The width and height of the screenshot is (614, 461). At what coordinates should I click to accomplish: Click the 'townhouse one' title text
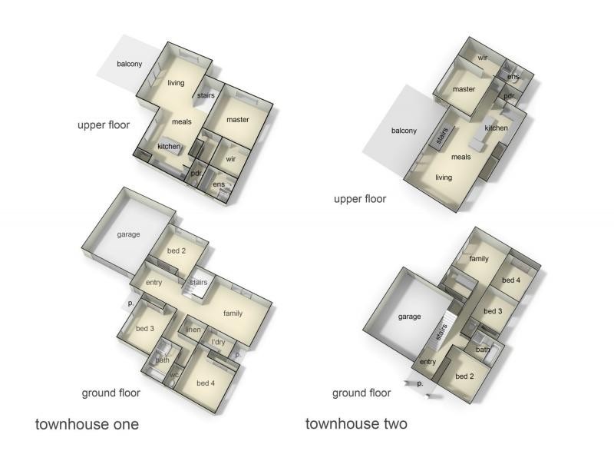coord(87,424)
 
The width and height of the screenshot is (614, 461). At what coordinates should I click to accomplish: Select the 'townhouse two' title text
coord(356,424)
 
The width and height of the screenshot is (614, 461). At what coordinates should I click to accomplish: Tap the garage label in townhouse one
coord(128,234)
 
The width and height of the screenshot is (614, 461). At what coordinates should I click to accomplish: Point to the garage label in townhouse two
coord(410,317)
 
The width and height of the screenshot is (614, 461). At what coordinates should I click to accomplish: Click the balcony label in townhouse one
coord(129,64)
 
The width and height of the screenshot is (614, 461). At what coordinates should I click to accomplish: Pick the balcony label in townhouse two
coord(404,131)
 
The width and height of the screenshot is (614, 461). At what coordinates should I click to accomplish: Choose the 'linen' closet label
coord(193,330)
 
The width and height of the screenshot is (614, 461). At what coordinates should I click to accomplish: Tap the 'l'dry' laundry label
coord(218,342)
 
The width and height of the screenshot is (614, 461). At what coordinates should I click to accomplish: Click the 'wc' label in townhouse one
coord(175,375)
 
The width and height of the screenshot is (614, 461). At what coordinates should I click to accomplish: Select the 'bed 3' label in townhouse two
coord(493,311)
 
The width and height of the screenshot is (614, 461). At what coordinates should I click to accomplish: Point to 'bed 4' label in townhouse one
coord(206,383)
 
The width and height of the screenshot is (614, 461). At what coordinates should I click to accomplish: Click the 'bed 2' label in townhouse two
coord(464,376)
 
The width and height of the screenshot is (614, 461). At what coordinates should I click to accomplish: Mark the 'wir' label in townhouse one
coord(231,159)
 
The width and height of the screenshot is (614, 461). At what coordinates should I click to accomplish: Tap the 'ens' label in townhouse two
coord(513,76)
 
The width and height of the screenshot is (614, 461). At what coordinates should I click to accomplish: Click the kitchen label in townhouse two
coord(496,128)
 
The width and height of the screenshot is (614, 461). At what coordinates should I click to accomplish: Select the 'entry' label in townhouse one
coord(154,282)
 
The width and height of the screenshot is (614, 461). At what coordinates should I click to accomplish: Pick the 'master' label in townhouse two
coord(464,89)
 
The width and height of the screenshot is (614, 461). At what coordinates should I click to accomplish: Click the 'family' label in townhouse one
coord(233,313)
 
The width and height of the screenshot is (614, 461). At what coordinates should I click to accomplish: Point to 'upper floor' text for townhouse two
coord(360,199)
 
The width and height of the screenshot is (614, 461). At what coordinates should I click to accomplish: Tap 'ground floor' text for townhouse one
coord(111,393)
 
